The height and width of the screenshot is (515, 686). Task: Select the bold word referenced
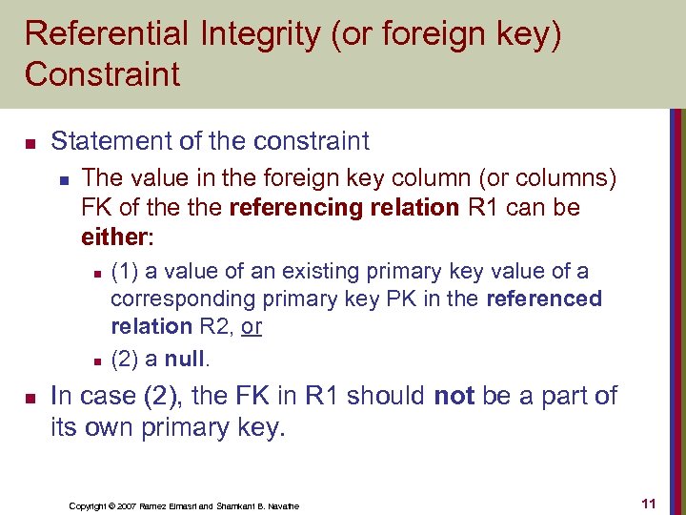coord(544,299)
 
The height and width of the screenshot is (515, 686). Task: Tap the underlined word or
coord(252,326)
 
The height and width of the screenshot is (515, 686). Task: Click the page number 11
coord(649,503)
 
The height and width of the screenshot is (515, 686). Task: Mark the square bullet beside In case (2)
coord(29,397)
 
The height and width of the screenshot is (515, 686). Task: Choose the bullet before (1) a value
coord(96,274)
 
